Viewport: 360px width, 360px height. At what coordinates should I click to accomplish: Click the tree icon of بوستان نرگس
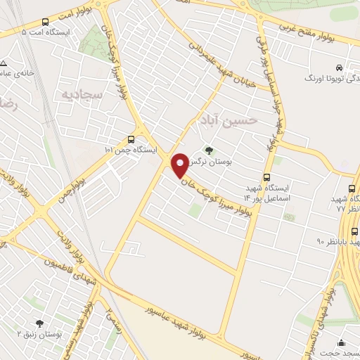click(208, 150)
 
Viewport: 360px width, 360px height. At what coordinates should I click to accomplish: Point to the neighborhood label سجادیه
click(83, 94)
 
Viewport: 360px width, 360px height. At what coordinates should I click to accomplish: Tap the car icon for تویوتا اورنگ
click(340, 67)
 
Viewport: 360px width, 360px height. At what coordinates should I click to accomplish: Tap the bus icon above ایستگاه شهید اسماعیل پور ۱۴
click(266, 177)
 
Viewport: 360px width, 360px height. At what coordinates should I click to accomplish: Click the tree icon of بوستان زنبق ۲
click(39, 323)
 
